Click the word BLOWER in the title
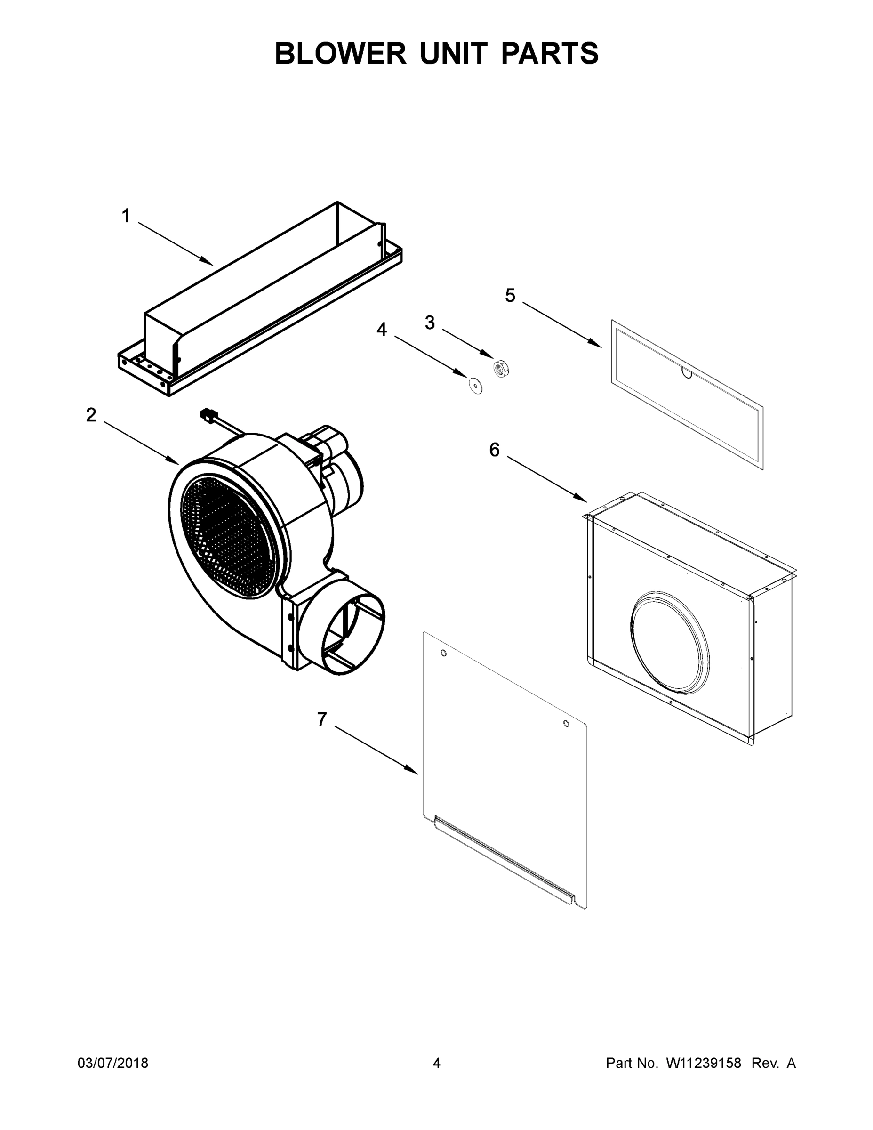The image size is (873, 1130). tap(340, 53)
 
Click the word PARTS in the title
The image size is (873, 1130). tap(550, 53)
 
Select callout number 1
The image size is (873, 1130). tap(126, 216)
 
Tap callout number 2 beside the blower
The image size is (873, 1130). tap(91, 414)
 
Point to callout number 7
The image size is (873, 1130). tap(322, 719)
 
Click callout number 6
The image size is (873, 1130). tap(495, 450)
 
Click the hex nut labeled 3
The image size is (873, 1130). tap(501, 368)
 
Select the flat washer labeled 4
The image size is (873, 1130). tap(475, 385)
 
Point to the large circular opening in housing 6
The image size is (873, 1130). tap(670, 642)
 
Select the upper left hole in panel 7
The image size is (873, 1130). tap(443, 654)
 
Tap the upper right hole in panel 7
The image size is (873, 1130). tap(566, 723)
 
